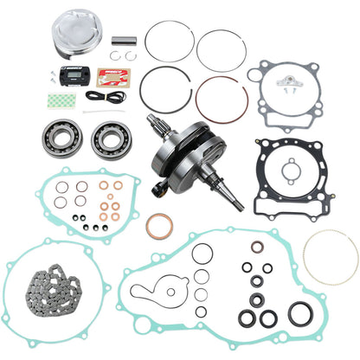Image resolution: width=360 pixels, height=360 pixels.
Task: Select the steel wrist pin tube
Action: (x=124, y=40)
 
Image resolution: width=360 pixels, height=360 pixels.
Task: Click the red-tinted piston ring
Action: (x=222, y=97)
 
